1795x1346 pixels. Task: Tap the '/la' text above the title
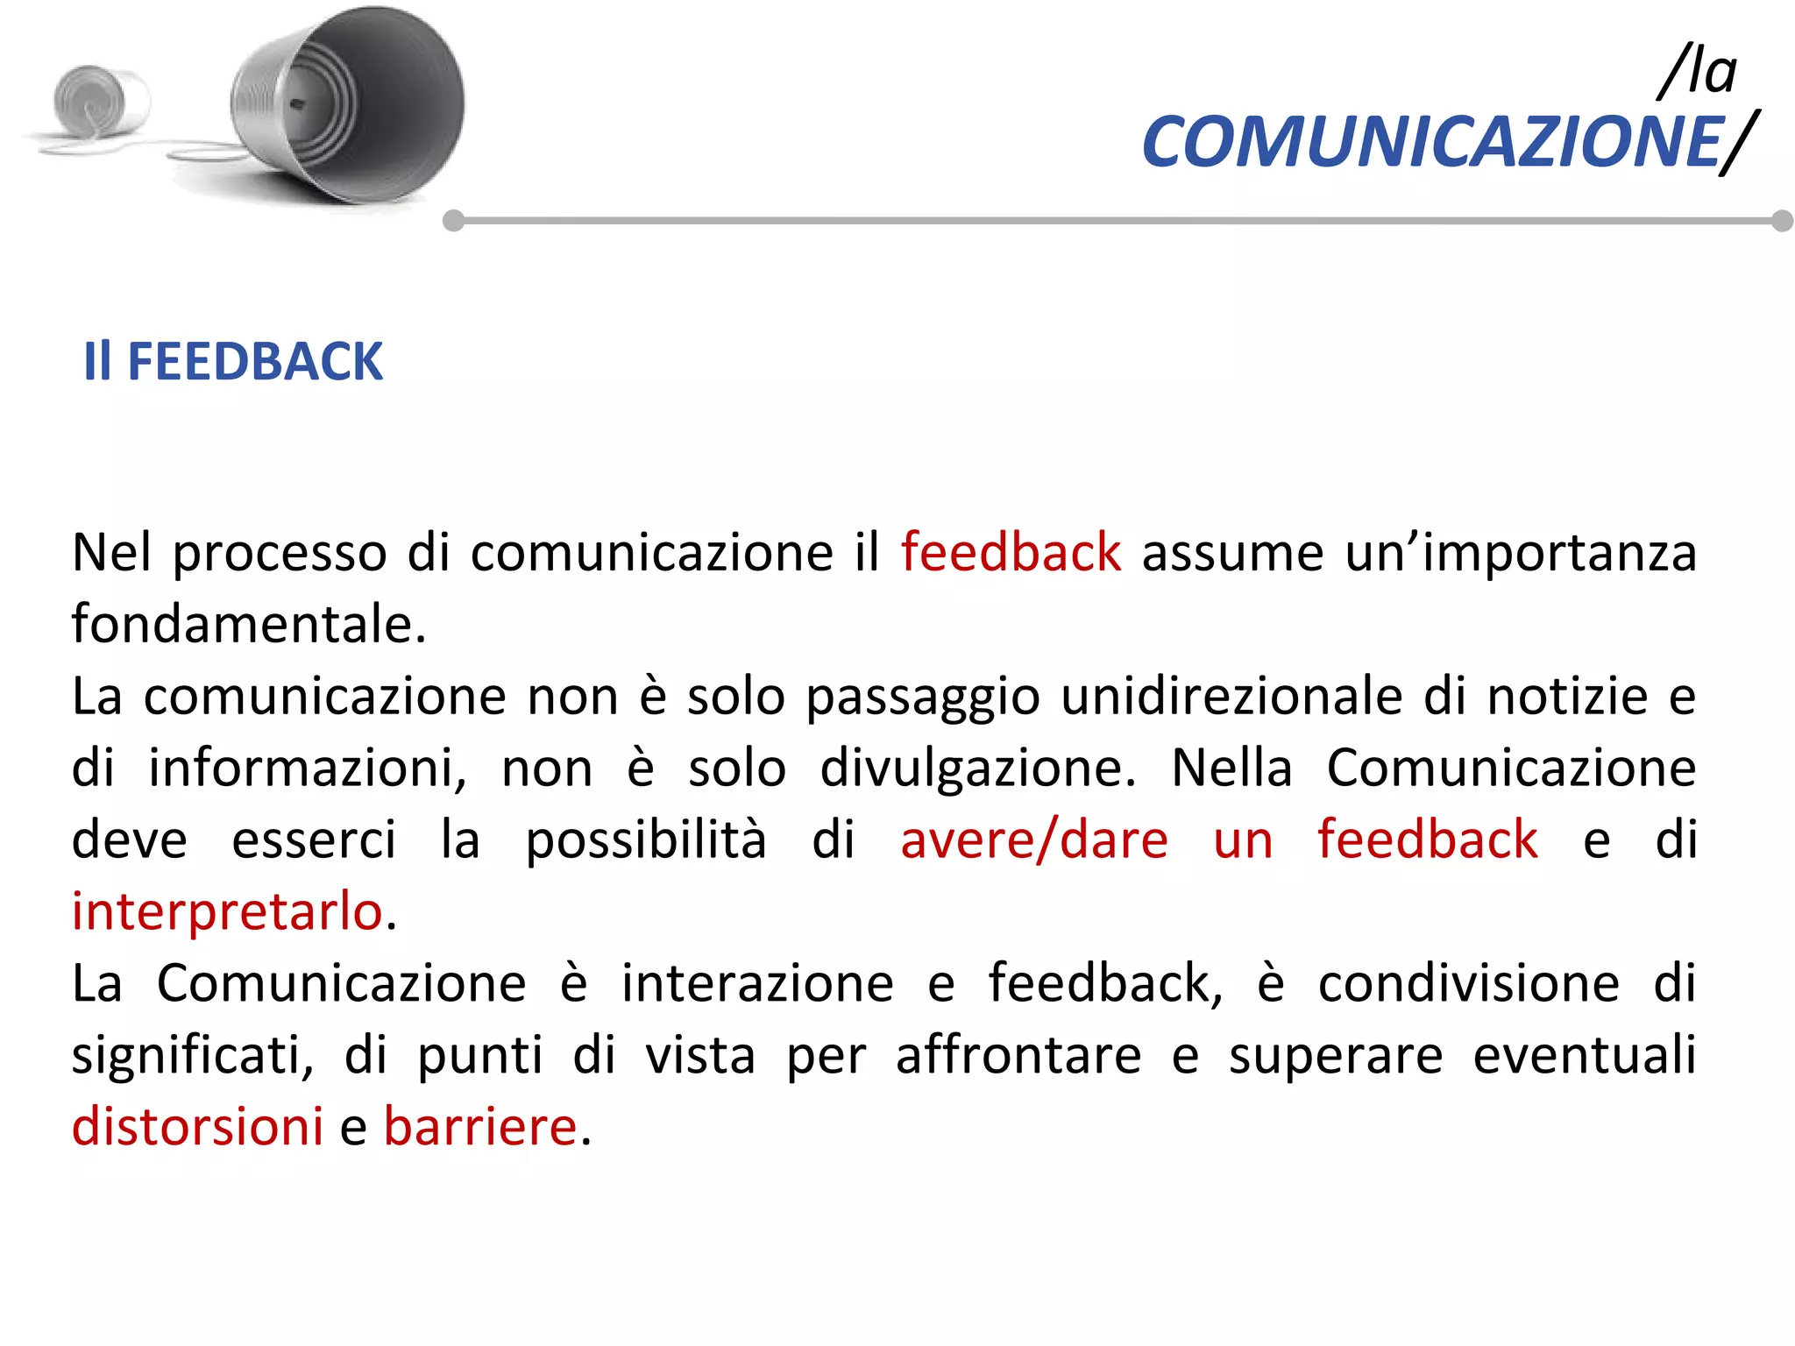(x=1699, y=72)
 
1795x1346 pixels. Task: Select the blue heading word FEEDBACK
(x=255, y=361)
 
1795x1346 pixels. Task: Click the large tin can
(x=351, y=105)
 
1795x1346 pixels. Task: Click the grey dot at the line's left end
(x=453, y=221)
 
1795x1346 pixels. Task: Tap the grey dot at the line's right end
(x=1782, y=221)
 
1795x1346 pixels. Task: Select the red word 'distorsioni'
(x=197, y=1127)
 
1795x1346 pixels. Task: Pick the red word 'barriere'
(x=480, y=1127)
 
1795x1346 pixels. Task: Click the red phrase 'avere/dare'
(x=1034, y=839)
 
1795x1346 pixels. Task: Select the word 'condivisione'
(x=1469, y=983)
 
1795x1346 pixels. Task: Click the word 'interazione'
(x=757, y=983)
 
